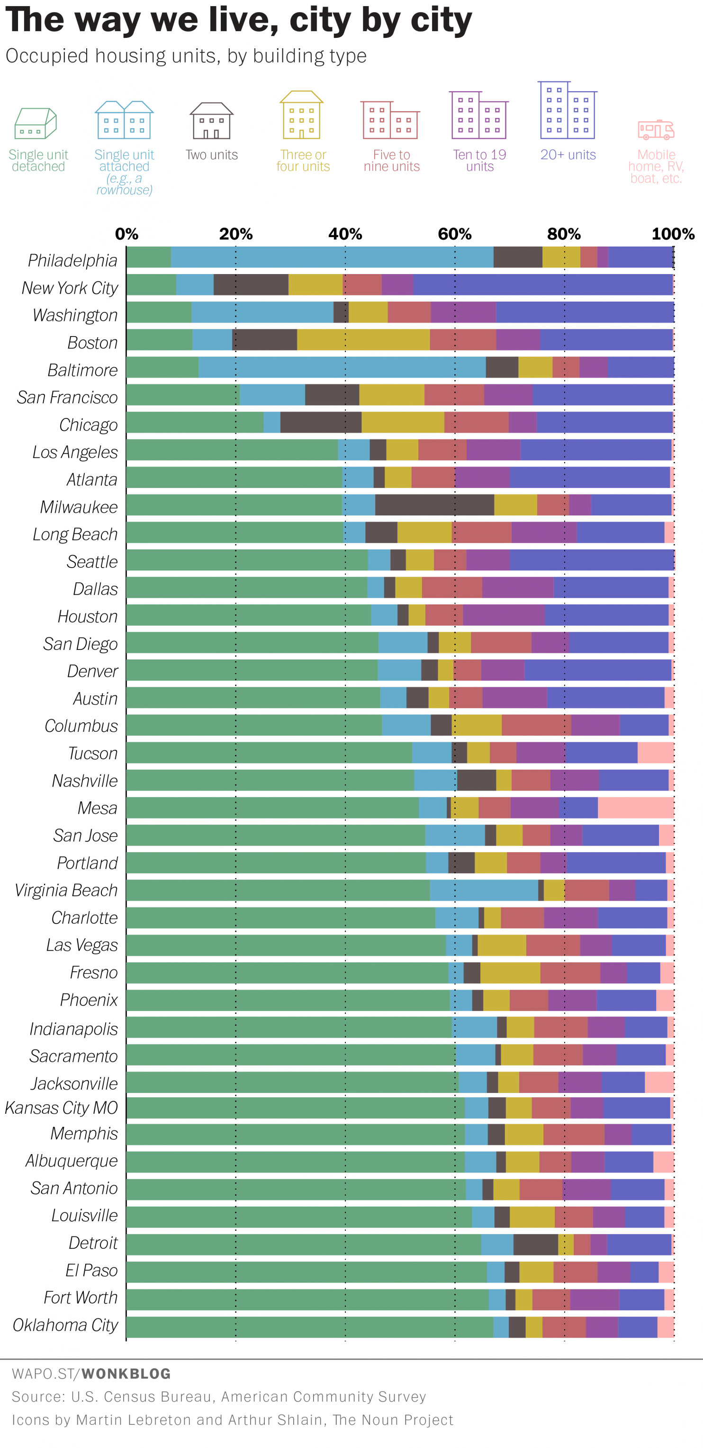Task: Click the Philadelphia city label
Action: (72, 260)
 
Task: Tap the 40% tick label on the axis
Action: (345, 234)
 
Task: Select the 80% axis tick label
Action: (564, 234)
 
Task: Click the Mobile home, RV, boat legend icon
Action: (656, 130)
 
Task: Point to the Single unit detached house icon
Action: (36, 124)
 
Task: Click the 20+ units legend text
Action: (568, 155)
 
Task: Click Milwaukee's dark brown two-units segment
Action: (434, 504)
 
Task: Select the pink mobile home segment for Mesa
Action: (636, 807)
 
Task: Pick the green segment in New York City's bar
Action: (151, 285)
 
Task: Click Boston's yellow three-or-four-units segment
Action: (363, 339)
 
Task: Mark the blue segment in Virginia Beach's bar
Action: (484, 890)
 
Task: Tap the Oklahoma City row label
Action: (65, 1325)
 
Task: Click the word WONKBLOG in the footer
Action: (126, 1373)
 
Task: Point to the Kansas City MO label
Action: (61, 1107)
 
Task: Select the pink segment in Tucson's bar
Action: (655, 752)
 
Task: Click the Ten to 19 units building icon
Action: (478, 115)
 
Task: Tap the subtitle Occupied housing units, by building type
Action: (186, 56)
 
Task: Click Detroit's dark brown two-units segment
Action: (535, 1244)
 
